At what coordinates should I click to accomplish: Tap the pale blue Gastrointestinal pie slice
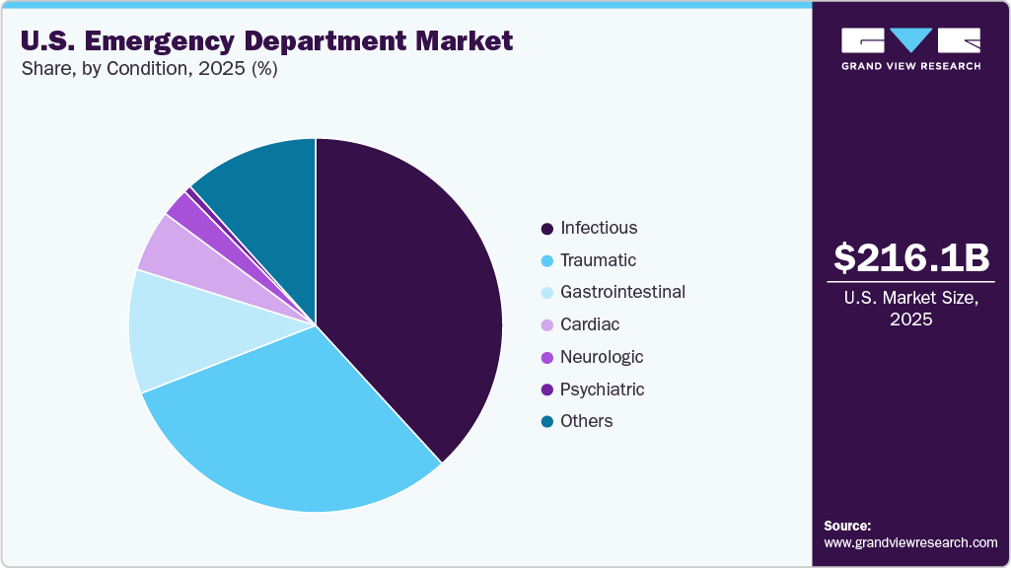187,330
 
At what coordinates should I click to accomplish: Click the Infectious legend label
599,228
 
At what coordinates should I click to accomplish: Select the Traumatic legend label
598,260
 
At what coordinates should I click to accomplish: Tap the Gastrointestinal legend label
622,292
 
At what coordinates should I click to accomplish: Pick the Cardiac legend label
590,324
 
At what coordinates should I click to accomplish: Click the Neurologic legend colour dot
546,358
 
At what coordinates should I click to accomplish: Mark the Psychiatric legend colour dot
546,390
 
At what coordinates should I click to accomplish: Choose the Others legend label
586,421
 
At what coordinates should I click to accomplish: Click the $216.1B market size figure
910,257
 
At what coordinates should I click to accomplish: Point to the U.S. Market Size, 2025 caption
910,310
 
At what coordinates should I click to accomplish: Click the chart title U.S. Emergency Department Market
266,41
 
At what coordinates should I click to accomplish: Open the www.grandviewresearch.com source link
910,542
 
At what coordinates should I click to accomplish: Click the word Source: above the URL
847,526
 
